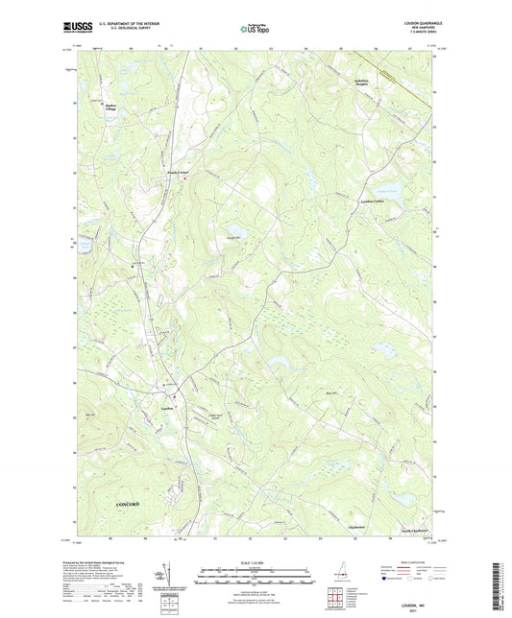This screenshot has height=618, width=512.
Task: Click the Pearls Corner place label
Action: pyautogui.click(x=176, y=173)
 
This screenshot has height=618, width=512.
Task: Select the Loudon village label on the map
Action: pyautogui.click(x=164, y=407)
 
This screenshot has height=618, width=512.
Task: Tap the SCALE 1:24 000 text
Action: pyautogui.click(x=255, y=562)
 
